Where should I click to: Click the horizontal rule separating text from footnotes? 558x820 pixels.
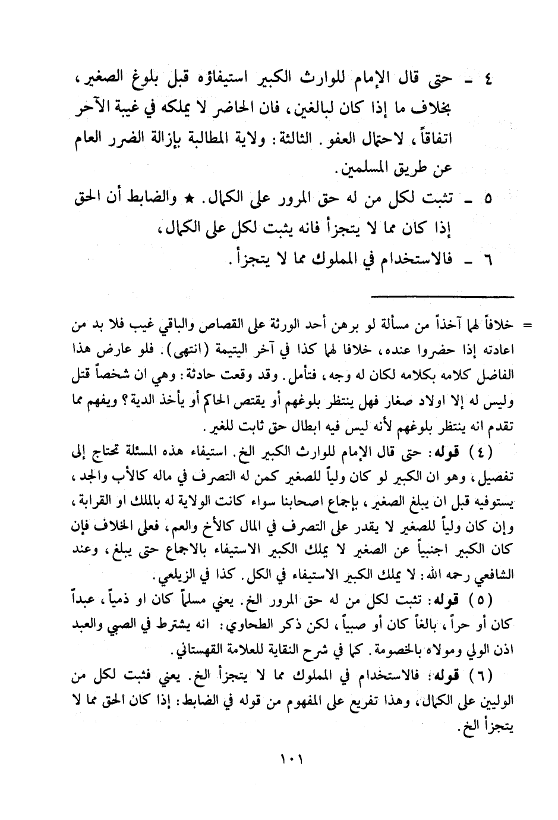click(443, 296)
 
